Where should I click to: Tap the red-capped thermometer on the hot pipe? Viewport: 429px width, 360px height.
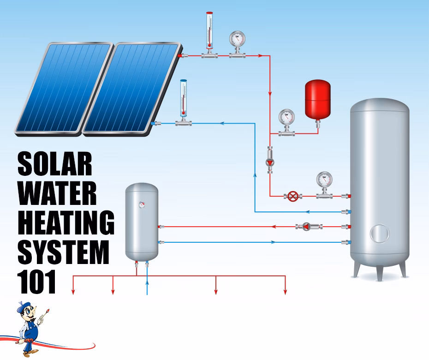[209, 32]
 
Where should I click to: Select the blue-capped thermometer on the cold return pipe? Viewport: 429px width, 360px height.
[183, 99]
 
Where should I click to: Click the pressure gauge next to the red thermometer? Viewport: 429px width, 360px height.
[238, 40]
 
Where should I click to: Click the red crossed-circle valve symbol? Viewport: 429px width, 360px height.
[292, 196]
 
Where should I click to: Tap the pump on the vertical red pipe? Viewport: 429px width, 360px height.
[270, 162]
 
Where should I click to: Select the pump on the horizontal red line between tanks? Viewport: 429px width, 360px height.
[306, 227]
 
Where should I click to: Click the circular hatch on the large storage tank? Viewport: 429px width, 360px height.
[380, 233]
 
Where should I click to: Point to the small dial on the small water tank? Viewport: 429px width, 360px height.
[142, 203]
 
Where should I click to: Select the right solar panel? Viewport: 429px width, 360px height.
[131, 88]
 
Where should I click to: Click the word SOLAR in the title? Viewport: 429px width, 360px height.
[54, 164]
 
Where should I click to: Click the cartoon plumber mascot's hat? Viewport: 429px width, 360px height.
[23, 307]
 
